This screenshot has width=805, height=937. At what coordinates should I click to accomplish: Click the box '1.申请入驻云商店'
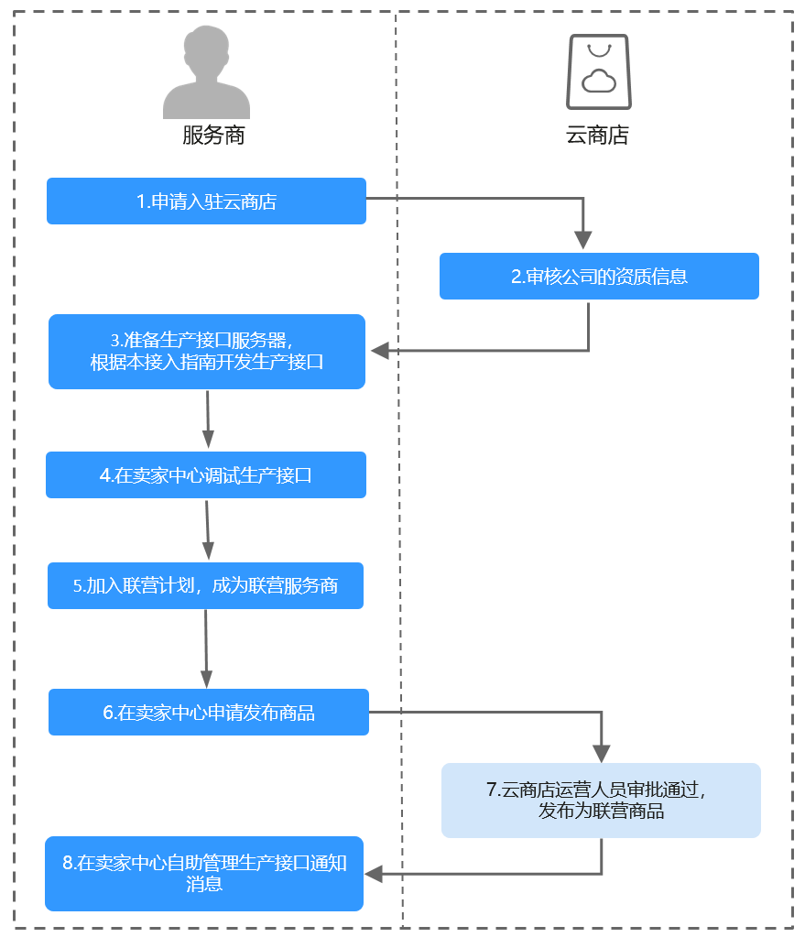coord(206,202)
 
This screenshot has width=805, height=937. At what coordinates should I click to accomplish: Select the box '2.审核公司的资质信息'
coord(599,276)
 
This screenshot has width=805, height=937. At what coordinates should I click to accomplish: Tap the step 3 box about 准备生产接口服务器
coord(207,352)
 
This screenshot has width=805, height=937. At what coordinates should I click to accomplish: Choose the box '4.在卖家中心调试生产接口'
coord(206,474)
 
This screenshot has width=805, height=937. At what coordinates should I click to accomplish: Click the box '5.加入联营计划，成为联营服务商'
coord(205,585)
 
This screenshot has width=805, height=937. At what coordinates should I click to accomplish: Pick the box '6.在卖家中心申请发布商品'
coord(209,712)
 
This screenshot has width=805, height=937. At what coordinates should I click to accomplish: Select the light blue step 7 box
coord(601,800)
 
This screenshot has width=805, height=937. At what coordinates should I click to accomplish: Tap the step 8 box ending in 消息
coord(204,873)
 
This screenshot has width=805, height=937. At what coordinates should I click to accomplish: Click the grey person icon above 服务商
coord(206,73)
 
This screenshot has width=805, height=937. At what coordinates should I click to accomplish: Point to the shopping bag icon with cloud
coord(599,72)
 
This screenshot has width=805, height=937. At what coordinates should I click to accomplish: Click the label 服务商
coord(213,136)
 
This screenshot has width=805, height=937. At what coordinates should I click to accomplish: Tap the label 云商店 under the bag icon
coord(598,136)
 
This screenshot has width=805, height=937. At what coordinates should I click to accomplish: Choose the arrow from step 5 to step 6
coord(206,648)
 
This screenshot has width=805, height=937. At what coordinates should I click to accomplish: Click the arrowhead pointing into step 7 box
coord(602,753)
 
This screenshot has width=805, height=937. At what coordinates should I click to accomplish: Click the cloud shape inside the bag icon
coord(599,81)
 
